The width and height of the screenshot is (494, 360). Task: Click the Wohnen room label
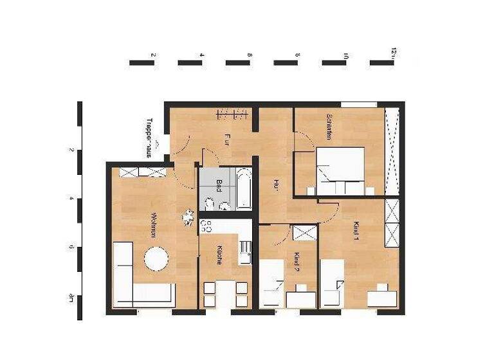[x=154, y=225]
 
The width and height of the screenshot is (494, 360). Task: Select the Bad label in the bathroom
[x=219, y=185]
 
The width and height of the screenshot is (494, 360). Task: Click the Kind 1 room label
[x=356, y=231]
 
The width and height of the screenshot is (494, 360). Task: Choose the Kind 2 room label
[x=297, y=263]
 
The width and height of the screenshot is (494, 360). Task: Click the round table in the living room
[x=156, y=260]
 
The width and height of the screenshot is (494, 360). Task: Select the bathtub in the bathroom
[x=243, y=188]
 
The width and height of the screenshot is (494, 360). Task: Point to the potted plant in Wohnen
[x=188, y=218]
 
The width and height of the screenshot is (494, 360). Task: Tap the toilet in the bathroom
[x=210, y=204]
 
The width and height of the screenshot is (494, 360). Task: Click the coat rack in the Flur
[x=232, y=114]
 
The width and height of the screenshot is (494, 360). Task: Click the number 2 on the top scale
[x=152, y=55]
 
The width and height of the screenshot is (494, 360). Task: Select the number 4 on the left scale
[x=71, y=199]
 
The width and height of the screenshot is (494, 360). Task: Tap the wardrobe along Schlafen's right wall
[x=392, y=151]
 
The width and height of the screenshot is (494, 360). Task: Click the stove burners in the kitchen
[x=206, y=226]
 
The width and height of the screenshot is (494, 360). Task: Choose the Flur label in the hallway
[x=227, y=139]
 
